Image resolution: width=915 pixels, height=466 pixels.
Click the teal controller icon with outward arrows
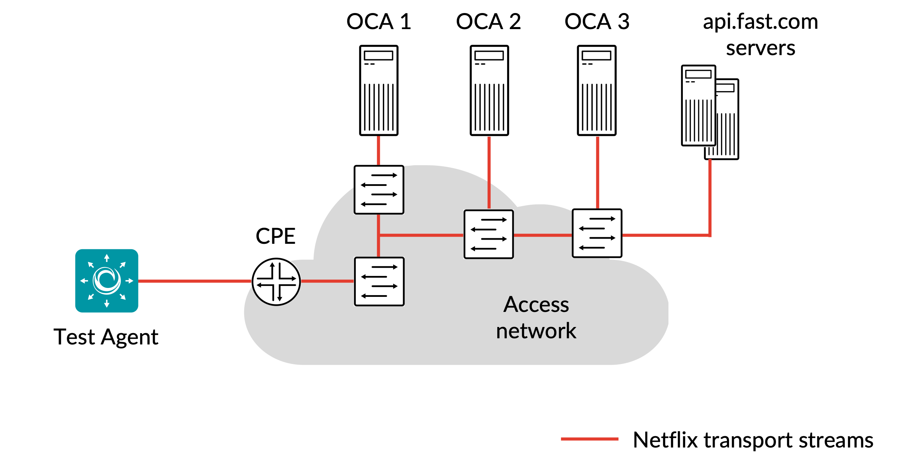(106, 281)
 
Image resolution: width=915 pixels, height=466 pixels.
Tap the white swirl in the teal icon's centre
(106, 281)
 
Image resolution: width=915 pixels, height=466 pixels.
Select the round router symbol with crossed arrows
(276, 281)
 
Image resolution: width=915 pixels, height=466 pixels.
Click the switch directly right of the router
(379, 281)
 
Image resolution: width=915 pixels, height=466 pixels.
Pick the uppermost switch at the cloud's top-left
(379, 190)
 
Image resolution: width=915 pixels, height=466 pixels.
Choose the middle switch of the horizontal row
(488, 235)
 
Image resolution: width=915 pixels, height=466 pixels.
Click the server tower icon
(698, 105)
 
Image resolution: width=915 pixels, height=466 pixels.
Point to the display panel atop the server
(698, 74)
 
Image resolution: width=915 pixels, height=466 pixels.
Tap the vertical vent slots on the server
(698, 121)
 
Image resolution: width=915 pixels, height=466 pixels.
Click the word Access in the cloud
(536, 305)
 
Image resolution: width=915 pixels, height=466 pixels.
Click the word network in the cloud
(536, 331)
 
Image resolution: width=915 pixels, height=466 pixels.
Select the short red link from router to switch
(327, 281)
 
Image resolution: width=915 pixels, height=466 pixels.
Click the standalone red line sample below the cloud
(590, 439)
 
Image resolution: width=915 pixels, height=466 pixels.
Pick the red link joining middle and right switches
(543, 235)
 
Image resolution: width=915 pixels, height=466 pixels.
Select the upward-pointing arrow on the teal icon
(106, 257)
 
